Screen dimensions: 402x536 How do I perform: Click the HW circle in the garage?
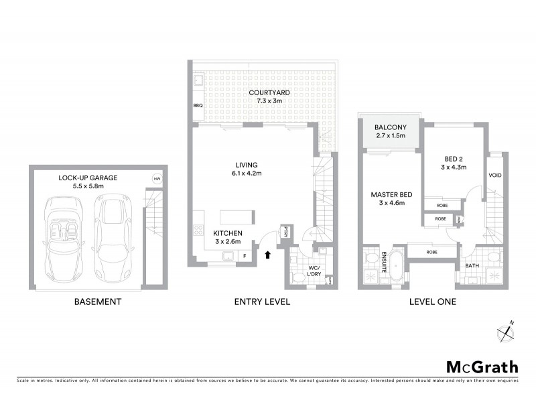(x=157, y=179)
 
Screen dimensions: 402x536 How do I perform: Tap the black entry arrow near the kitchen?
(x=269, y=254)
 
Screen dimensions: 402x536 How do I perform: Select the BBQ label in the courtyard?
(x=198, y=106)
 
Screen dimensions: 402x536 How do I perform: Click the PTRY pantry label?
(x=285, y=232)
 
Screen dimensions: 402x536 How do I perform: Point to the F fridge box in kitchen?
(x=245, y=256)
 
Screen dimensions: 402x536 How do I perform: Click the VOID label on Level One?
(x=496, y=176)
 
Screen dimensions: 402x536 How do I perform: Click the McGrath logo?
(x=482, y=366)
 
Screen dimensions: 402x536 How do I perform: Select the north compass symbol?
(x=505, y=330)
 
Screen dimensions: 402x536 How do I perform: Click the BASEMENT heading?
(x=98, y=302)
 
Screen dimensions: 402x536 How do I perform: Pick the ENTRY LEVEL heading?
(x=262, y=302)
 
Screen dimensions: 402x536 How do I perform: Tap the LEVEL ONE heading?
(x=432, y=302)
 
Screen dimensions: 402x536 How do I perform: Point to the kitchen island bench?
(x=236, y=216)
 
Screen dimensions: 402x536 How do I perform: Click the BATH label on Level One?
(x=472, y=265)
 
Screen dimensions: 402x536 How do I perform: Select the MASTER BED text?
(x=392, y=195)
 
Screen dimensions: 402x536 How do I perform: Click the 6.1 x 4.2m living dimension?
(x=247, y=174)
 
